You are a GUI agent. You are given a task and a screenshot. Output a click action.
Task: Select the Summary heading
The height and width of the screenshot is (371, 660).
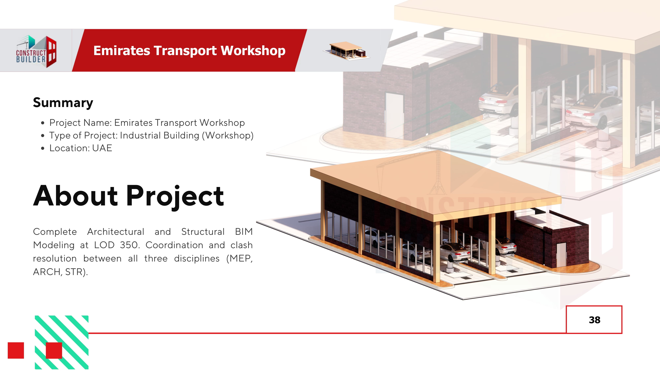coord(63,103)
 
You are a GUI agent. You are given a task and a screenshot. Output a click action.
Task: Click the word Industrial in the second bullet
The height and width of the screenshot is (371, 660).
coord(140,135)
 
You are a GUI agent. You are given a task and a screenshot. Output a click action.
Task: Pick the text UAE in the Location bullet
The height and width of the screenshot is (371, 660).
coord(102,148)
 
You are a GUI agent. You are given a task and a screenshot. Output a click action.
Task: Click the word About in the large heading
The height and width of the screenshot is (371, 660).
coord(76,196)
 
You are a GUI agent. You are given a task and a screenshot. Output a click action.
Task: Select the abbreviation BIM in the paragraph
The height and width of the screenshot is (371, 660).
coord(244,232)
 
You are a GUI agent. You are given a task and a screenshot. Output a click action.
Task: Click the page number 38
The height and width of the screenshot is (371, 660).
coord(594,320)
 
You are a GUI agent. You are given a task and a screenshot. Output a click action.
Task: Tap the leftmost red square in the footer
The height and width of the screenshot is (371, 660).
coord(16,350)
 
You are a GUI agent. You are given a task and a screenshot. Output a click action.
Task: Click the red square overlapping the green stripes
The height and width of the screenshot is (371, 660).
coord(54,350)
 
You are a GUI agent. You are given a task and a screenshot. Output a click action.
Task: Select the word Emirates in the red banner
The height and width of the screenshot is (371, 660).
coord(122,51)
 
